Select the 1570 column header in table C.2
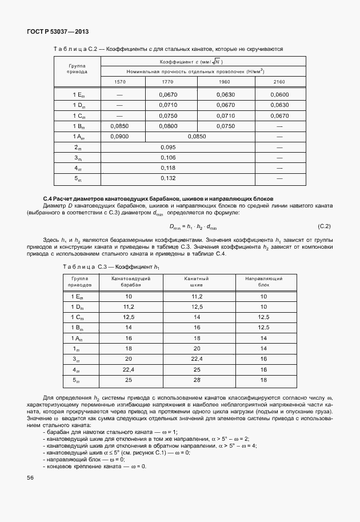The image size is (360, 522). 120,82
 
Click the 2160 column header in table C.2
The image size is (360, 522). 279,82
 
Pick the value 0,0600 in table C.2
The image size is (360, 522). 279,94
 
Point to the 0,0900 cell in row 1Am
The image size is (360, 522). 120,137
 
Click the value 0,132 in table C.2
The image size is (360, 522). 168,179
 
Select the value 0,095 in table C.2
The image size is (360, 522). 168,148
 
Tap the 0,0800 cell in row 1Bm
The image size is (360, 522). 168,126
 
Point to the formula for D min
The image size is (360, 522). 193,227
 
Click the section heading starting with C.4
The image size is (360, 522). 154,197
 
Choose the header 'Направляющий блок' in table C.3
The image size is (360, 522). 263,280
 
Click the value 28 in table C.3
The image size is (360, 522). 197,380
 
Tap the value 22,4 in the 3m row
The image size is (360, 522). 197,358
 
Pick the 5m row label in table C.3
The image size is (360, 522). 77,380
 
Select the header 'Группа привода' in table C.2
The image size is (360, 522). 77,69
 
